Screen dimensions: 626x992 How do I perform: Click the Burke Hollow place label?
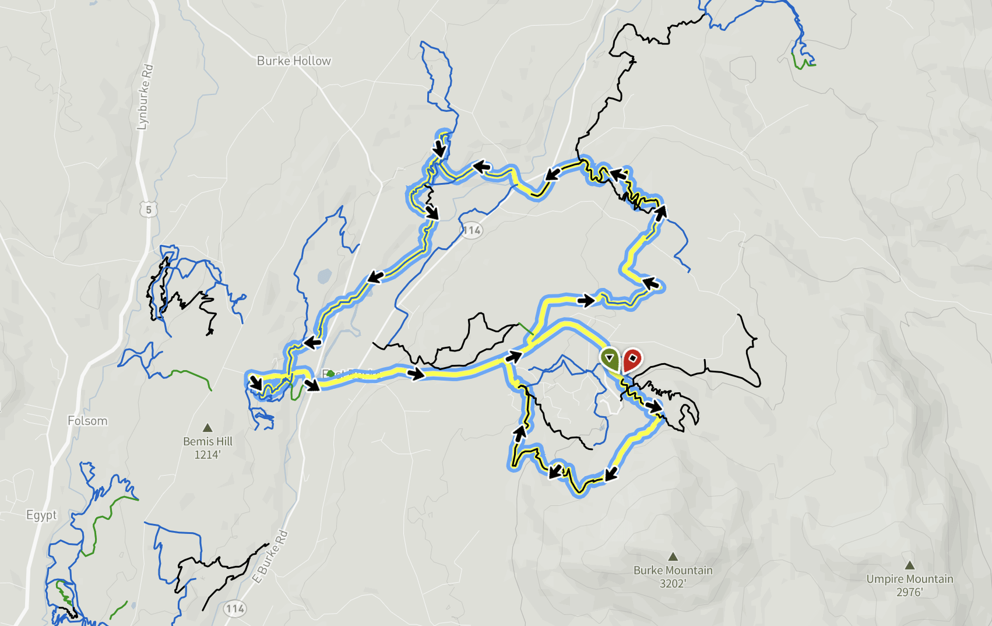[x=294, y=61]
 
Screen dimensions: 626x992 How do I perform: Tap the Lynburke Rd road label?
[x=145, y=97]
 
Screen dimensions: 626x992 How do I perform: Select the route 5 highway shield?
[x=149, y=209]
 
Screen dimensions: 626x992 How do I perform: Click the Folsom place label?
[x=87, y=421]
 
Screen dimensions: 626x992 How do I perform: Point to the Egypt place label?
[x=41, y=515]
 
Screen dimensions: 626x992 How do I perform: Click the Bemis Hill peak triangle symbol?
[x=207, y=428]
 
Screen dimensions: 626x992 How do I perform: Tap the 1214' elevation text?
[x=207, y=455]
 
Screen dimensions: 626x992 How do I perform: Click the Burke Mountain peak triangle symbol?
[x=673, y=557]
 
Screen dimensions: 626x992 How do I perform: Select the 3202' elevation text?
[x=673, y=583]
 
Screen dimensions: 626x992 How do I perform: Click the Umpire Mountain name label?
[x=909, y=579]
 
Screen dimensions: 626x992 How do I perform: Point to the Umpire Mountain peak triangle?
[x=909, y=565]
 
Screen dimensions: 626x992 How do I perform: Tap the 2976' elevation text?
[x=909, y=592]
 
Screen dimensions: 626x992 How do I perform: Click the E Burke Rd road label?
[x=270, y=557]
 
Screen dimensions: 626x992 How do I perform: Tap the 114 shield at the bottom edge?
[x=235, y=609]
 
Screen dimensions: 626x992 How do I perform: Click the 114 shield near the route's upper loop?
[x=472, y=230]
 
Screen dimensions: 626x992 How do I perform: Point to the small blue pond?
[x=324, y=276]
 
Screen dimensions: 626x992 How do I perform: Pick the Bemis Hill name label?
[x=207, y=442]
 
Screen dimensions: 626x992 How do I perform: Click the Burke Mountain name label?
[x=673, y=570]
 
